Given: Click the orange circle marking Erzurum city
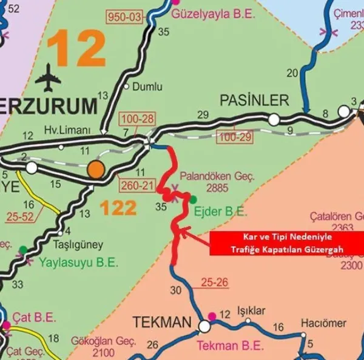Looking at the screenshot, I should [95, 169].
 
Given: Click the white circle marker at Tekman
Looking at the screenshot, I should [204, 327].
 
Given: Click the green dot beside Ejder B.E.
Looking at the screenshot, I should [193, 199].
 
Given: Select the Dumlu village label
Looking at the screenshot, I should [144, 86].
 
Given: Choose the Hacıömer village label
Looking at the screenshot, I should [325, 322].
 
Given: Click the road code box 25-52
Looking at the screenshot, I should [19, 216].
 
